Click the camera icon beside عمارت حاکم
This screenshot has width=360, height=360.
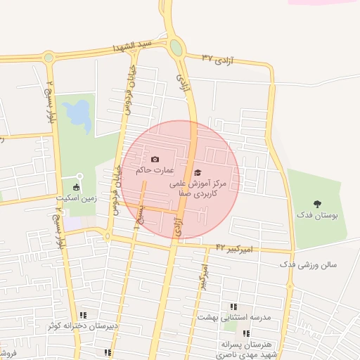(x=155, y=160)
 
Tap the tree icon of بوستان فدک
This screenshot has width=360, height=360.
(x=317, y=203)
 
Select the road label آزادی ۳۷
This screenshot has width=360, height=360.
(x=217, y=57)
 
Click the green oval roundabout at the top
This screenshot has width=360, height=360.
(x=175, y=48)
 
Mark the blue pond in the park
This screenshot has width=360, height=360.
(x=77, y=112)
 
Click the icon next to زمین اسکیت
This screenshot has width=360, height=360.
(x=76, y=187)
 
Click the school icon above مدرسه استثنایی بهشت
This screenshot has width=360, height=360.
(x=234, y=307)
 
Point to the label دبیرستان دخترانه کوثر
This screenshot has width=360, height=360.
(x=83, y=326)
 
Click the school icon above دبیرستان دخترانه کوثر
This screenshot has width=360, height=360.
(x=84, y=315)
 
